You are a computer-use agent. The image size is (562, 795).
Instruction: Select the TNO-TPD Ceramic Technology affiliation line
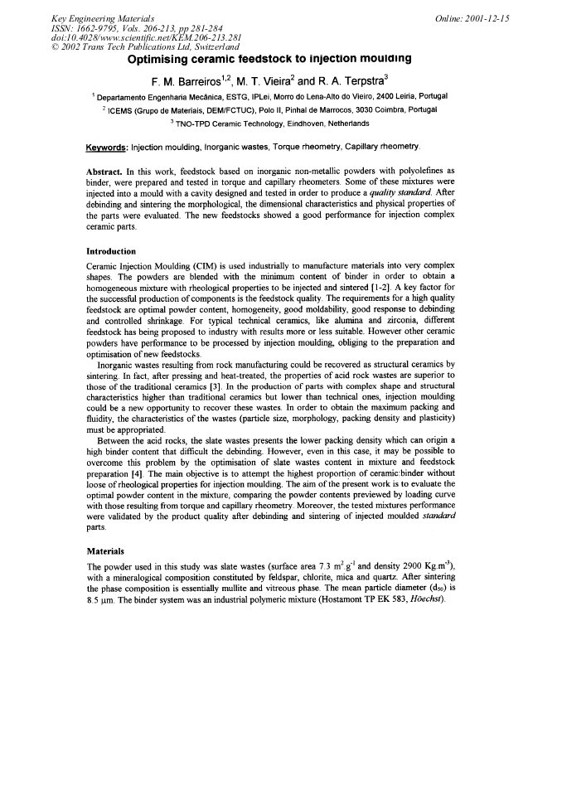pyautogui.click(x=280, y=123)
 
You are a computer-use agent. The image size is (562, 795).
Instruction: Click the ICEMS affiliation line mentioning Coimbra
pyautogui.click(x=280, y=109)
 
